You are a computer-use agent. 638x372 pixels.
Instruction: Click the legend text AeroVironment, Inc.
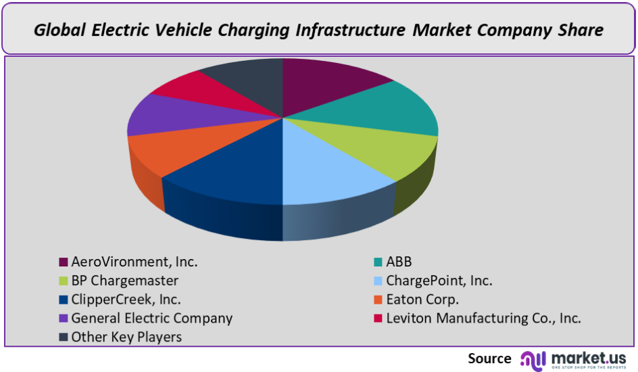tap(134, 262)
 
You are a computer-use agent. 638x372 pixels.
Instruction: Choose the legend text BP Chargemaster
tap(125, 281)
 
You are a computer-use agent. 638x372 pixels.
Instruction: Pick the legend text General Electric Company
tap(152, 319)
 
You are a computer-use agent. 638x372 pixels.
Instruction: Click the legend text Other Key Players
tap(126, 337)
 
